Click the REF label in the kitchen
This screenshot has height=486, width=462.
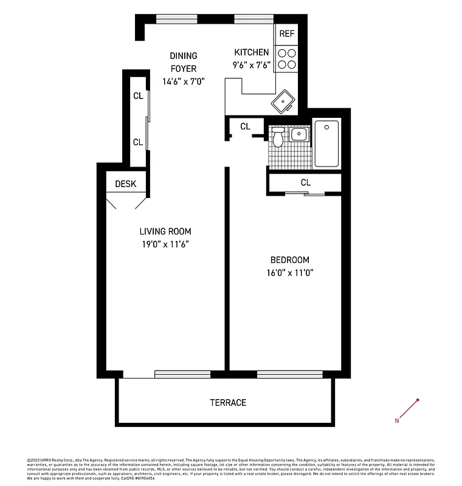point(286,34)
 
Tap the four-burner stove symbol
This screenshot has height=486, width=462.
point(286,58)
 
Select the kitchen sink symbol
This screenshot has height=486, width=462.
point(284,102)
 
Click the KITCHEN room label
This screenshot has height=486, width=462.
point(251,52)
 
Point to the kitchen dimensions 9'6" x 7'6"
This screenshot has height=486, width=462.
point(251,66)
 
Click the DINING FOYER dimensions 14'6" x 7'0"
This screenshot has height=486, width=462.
point(183,81)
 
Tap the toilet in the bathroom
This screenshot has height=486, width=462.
point(278,138)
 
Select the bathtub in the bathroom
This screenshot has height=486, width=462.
point(326,143)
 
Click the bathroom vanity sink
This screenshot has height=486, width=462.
point(298,134)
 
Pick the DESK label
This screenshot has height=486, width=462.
point(126,184)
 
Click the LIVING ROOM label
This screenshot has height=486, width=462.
point(165,231)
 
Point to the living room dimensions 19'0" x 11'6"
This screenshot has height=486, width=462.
point(165,245)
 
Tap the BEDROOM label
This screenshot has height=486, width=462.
point(290,259)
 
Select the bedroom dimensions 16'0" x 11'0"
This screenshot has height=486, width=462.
point(290,273)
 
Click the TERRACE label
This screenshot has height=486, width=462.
point(228,403)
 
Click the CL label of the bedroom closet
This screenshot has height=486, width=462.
point(305,182)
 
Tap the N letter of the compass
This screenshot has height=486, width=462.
point(397,420)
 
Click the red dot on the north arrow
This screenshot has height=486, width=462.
point(418,400)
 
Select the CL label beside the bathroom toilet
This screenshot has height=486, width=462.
point(245,126)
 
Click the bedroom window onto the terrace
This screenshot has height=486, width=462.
point(289,374)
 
